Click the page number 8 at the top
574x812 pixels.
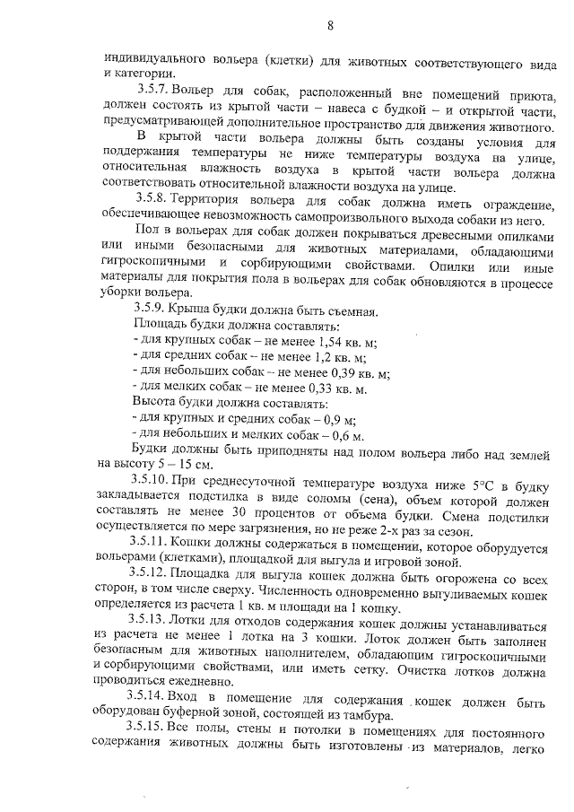tap(331, 25)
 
